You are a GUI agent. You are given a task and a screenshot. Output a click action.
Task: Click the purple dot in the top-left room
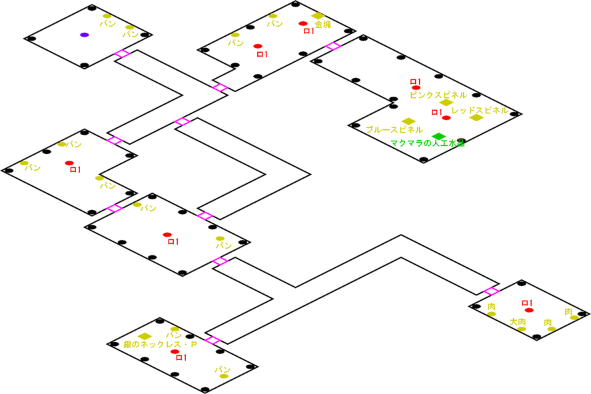(85, 35)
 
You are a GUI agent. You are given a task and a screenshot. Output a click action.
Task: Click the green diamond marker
(438, 136)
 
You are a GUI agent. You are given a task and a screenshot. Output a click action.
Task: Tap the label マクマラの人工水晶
(427, 143)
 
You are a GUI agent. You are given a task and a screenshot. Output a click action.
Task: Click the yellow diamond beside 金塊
(318, 15)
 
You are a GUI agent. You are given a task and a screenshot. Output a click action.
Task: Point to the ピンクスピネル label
(438, 95)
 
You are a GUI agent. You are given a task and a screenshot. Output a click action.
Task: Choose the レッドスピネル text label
(480, 110)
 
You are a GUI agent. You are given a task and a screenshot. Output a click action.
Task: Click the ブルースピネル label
(394, 129)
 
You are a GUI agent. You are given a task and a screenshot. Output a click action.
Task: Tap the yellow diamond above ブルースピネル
(408, 121)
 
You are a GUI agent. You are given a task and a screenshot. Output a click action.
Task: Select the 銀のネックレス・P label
(161, 345)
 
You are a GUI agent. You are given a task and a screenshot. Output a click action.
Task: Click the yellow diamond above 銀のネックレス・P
(145, 336)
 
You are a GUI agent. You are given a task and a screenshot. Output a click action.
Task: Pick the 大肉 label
(518, 322)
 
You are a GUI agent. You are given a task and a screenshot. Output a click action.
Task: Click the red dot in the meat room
(528, 310)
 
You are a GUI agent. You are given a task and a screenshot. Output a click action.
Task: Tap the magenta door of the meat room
(491, 291)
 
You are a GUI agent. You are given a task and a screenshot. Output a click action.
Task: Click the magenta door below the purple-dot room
(122, 53)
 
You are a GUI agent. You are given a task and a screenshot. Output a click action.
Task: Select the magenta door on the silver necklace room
(213, 340)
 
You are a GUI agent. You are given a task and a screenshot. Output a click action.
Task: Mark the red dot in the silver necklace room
(175, 351)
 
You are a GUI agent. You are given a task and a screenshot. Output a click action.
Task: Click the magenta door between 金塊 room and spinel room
(332, 45)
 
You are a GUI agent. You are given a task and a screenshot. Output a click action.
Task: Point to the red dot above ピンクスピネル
(416, 87)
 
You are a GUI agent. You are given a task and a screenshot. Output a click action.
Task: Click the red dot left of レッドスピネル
(446, 117)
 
